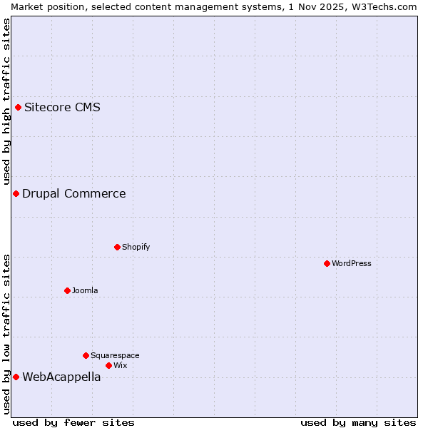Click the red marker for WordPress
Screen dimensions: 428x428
pos(327,263)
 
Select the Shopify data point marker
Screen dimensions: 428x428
pos(117,247)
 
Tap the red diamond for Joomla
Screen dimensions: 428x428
pos(67,290)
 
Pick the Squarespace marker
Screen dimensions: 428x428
pos(86,355)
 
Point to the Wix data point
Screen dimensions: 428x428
pos(108,365)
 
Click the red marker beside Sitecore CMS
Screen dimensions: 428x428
pos(19,108)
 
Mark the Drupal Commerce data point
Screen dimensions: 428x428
pos(16,193)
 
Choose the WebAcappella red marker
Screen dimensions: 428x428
pos(16,377)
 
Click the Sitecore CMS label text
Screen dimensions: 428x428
pos(62,108)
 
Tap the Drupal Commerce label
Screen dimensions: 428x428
pos(73,193)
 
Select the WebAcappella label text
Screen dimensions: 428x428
pos(61,377)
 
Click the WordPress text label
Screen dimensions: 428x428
pos(352,263)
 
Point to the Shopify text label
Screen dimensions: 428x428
pos(136,247)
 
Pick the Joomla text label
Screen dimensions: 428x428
pos(85,290)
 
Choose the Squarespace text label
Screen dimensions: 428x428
pos(115,355)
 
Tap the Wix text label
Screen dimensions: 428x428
pos(120,365)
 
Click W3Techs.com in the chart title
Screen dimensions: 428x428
pos(382,6)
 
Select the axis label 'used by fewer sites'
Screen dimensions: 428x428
pos(73,422)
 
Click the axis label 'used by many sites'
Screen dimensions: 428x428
pos(358,422)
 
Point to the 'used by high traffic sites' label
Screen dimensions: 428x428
pos(7,101)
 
